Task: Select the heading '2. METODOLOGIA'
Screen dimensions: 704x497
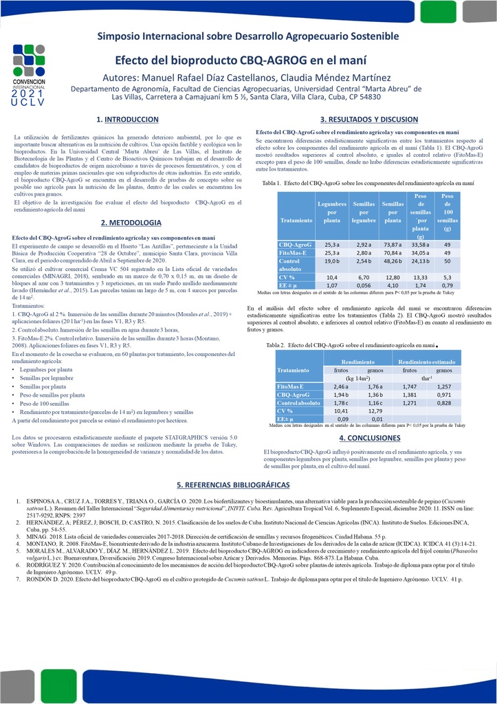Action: coord(131,223)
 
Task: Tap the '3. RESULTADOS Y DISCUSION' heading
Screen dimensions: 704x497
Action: coord(369,119)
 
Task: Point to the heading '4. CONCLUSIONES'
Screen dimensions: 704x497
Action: coord(369,438)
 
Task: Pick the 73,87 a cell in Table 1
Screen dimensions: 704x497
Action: coord(393,244)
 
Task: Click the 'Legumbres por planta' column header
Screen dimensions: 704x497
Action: coord(332,212)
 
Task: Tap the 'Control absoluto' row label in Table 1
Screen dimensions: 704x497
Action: coord(289,265)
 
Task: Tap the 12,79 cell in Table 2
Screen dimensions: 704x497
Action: coord(375,410)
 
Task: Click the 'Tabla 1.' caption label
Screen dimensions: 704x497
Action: coord(272,184)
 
